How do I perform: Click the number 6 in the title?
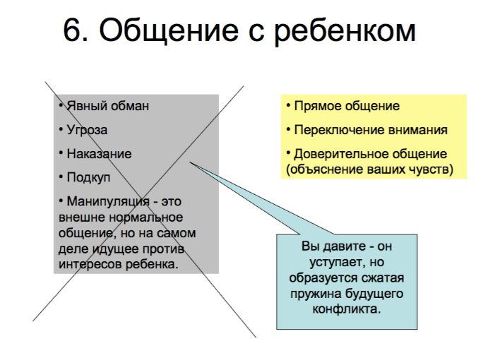coord(73,30)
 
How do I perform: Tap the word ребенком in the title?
coord(345,32)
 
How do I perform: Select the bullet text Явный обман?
coord(108,106)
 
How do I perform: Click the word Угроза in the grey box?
coord(87,130)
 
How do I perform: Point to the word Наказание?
coord(99,154)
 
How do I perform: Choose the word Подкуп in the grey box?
coord(88,178)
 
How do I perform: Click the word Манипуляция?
coord(108,202)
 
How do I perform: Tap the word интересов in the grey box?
coord(90,265)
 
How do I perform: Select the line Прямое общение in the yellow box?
coord(347,107)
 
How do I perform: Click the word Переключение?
coord(339,130)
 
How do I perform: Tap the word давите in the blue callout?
coord(345,246)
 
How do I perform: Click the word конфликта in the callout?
coord(347,309)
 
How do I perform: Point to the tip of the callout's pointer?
coord(189,162)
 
